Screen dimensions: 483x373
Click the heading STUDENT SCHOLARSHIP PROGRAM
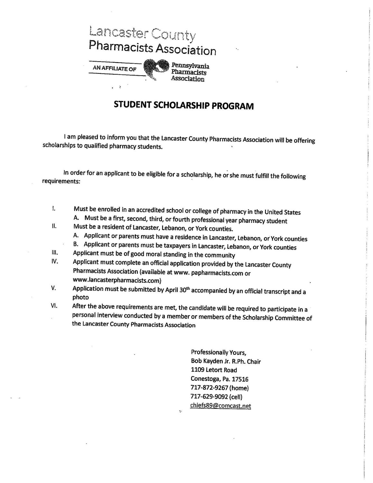184,106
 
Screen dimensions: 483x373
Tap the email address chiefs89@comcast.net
221,405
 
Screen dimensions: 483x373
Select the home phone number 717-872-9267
210,388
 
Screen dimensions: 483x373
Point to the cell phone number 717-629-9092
210,396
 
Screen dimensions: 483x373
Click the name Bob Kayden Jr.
209,361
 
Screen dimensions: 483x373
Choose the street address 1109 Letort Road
214,370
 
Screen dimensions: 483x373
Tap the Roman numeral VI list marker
54,306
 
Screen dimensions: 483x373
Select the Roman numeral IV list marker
54,261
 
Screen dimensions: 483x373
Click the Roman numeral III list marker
54,253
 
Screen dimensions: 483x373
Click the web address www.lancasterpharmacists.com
117,280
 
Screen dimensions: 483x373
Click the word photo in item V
80,298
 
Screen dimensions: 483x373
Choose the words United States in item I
282,212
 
